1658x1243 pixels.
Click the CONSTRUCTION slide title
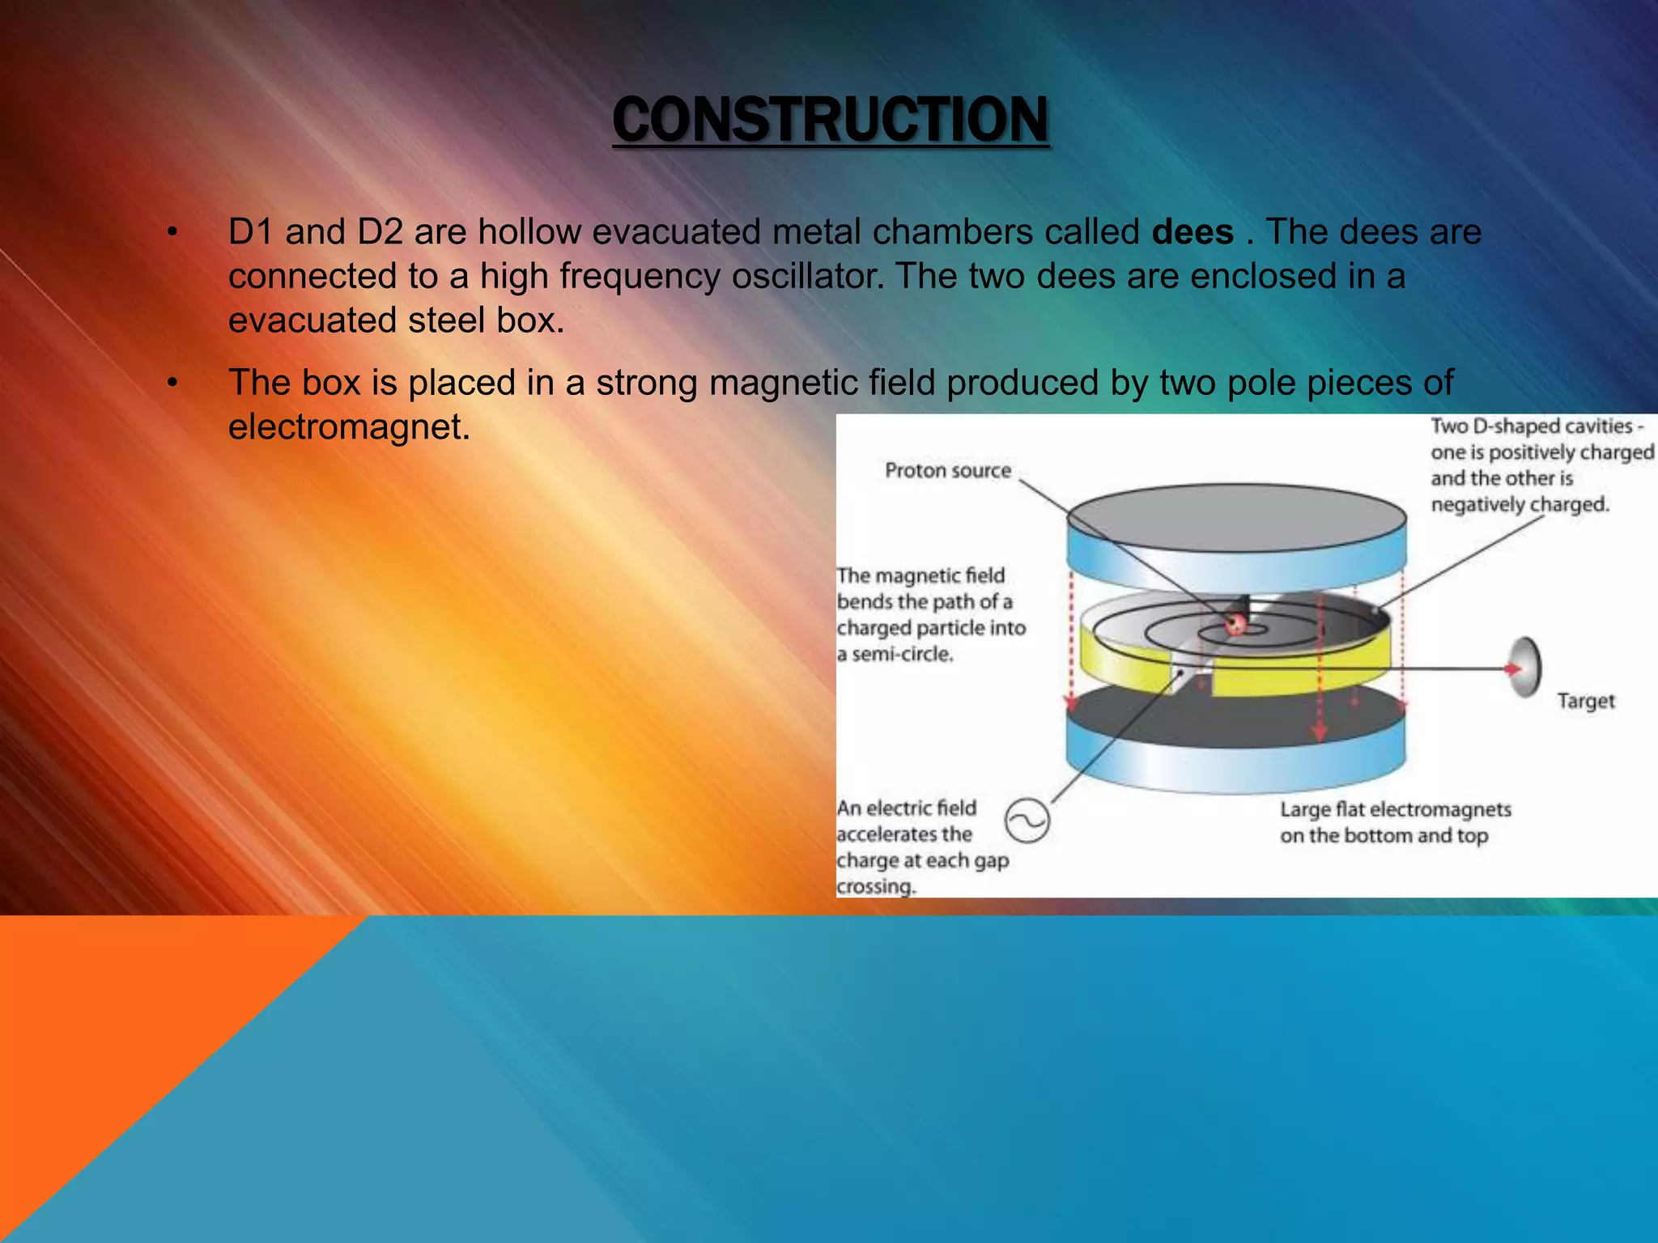pyautogui.click(x=830, y=120)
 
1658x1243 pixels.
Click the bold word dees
pyautogui.click(x=1192, y=232)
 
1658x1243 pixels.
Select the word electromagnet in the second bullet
pyautogui.click(x=348, y=426)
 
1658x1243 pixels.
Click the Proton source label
pyautogui.click(x=947, y=470)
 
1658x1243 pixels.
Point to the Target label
pyautogui.click(x=1585, y=701)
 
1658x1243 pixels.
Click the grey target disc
pyautogui.click(x=1525, y=668)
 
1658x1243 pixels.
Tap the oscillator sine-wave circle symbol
pyautogui.click(x=1027, y=821)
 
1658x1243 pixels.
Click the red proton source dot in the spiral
pyautogui.click(x=1235, y=623)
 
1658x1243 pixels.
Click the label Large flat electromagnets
pyautogui.click(x=1395, y=809)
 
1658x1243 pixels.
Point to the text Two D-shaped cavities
pyautogui.click(x=1531, y=426)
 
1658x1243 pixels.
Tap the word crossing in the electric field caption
pyautogui.click(x=875, y=886)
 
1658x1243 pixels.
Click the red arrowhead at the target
pyautogui.click(x=1511, y=669)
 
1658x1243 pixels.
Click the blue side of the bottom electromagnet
pyautogui.click(x=1235, y=769)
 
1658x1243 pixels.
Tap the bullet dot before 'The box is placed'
pyautogui.click(x=172, y=383)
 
